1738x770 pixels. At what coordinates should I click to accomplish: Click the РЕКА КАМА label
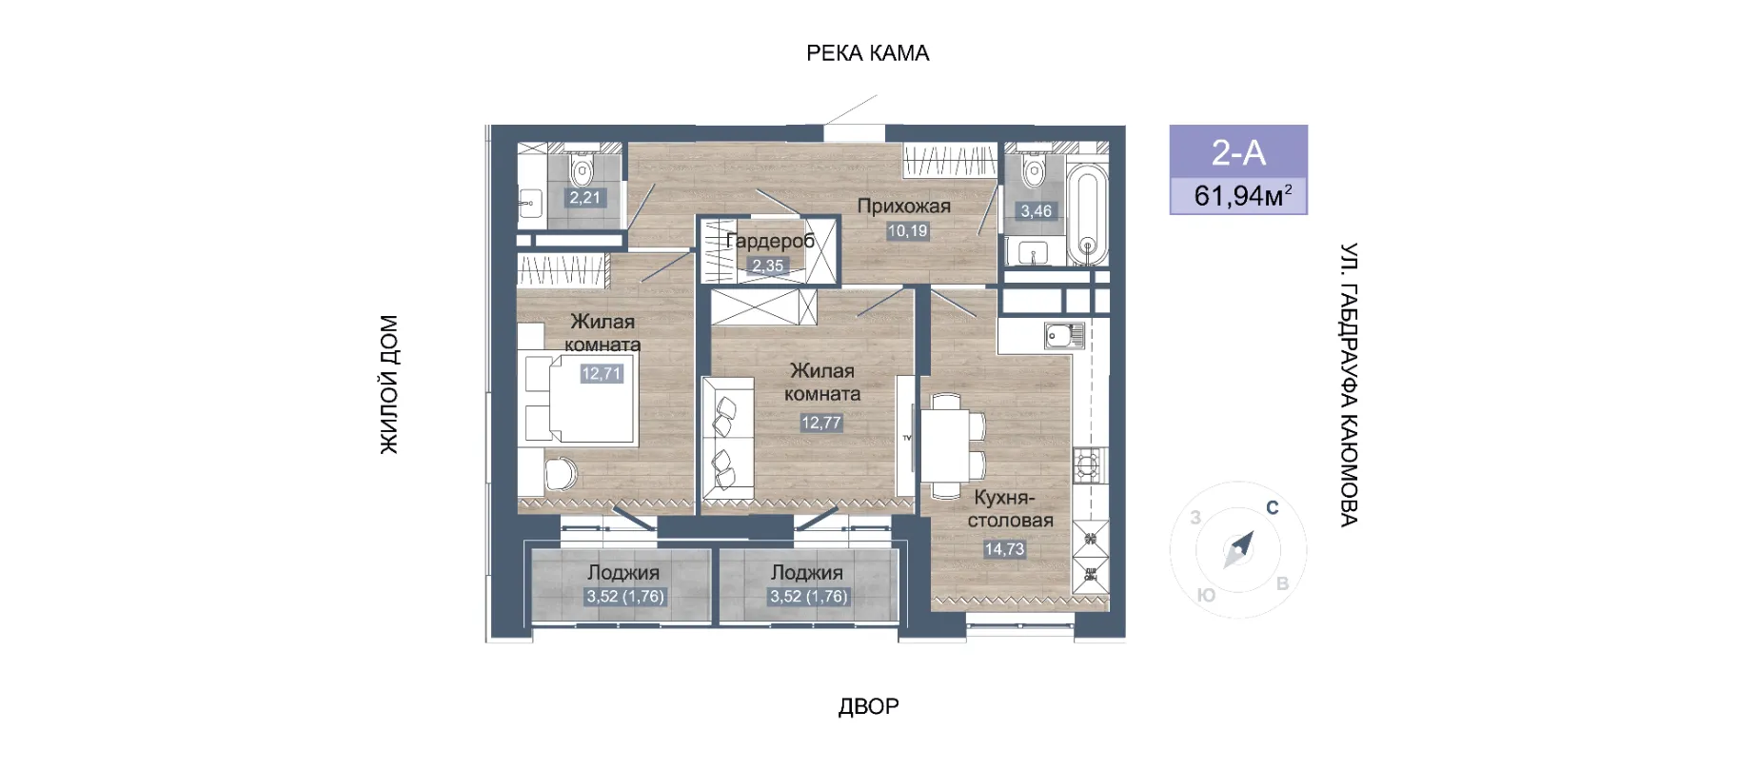867,53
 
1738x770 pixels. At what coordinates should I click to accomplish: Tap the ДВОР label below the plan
868,706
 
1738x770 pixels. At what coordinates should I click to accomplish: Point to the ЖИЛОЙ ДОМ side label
389,385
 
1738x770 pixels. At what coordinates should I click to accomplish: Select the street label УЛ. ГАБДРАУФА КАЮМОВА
1349,385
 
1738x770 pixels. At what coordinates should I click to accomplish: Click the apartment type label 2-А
1238,152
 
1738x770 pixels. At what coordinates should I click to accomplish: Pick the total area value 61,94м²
1243,195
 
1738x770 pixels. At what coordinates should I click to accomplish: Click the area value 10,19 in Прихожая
907,230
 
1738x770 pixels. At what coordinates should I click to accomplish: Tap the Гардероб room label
770,241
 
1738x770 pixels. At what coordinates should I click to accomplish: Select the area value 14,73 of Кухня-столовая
1004,549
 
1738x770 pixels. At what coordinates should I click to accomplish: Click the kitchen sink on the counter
1064,336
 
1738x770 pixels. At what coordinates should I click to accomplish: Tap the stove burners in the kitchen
1087,466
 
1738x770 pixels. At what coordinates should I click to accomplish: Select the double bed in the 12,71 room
580,399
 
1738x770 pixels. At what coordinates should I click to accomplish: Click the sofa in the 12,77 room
727,438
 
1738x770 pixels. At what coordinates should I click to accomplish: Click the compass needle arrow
1238,549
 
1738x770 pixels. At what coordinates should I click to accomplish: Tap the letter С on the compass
1272,507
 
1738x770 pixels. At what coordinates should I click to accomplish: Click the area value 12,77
820,423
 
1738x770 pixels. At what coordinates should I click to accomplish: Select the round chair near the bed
561,473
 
